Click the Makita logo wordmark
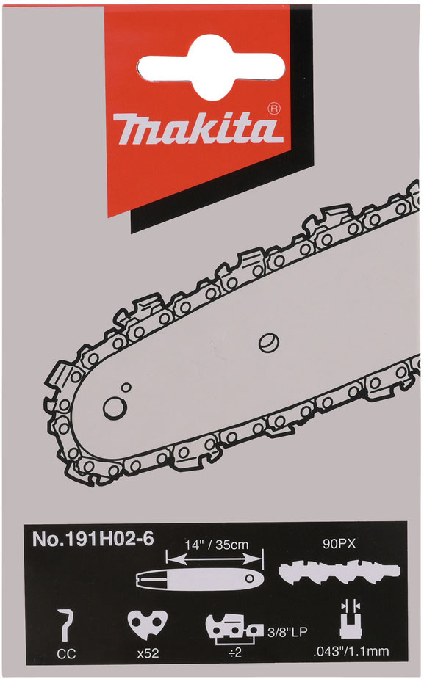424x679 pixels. coord(198,128)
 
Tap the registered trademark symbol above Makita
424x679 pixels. coord(274,109)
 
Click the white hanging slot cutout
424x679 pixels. coord(211,67)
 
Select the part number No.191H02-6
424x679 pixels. coord(93,539)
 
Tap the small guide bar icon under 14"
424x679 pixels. coord(199,578)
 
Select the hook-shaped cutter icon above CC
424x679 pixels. coord(65,625)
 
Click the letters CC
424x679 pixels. coord(66,654)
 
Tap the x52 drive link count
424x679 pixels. coord(148,654)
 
